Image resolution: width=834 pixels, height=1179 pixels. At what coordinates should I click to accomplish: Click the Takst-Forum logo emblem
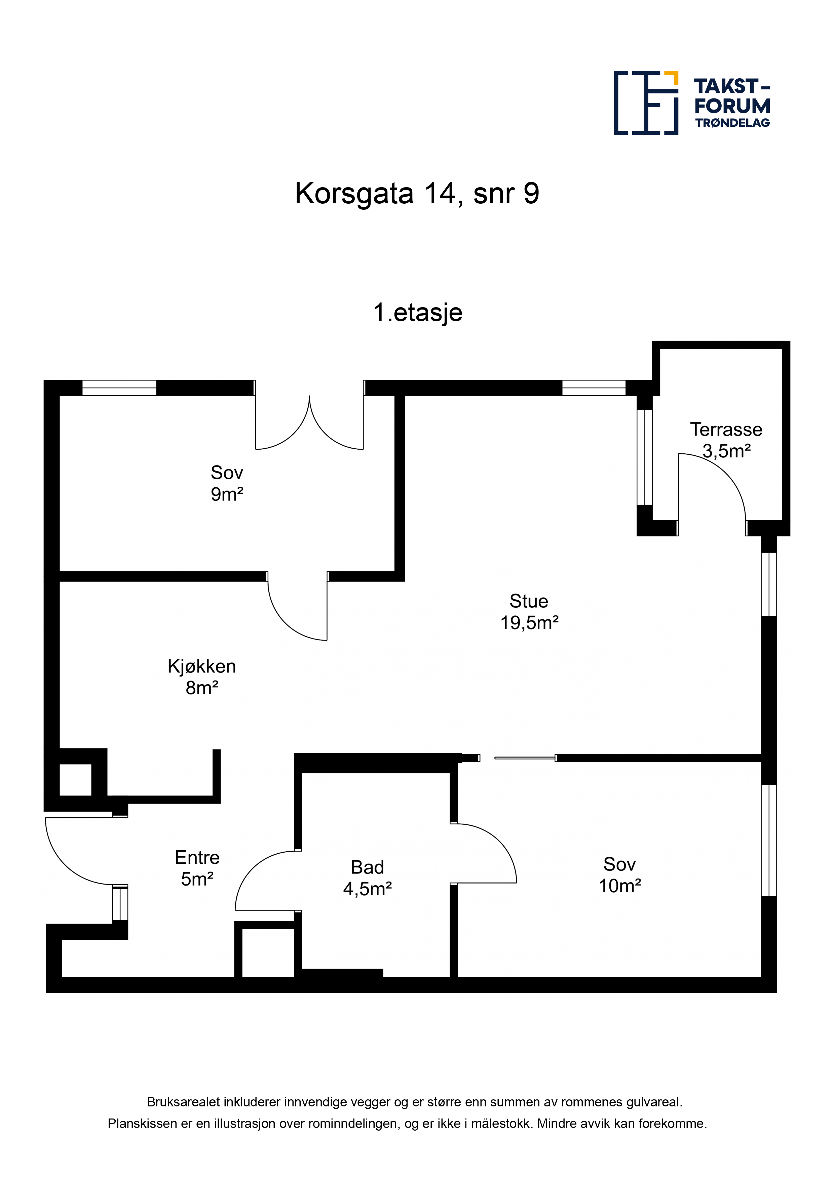646,103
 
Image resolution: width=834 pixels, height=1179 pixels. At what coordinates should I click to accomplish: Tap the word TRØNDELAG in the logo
732,123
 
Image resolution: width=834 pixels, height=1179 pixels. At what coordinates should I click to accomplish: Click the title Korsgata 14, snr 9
417,194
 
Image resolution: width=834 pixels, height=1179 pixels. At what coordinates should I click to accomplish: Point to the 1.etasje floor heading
417,312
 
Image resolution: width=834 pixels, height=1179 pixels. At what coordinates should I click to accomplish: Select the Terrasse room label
726,429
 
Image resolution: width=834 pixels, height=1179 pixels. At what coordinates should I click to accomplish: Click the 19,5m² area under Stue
529,623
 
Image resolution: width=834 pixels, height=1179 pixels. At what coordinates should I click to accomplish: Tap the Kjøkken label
201,666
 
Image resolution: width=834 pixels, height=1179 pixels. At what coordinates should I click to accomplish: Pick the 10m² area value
620,886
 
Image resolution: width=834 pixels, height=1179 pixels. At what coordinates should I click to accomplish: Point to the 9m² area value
227,494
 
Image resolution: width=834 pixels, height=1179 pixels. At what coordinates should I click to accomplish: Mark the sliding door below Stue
525,758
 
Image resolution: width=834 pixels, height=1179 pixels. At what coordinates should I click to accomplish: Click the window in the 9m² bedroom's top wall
119,388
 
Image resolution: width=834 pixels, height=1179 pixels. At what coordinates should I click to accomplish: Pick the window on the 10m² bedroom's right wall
769,841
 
